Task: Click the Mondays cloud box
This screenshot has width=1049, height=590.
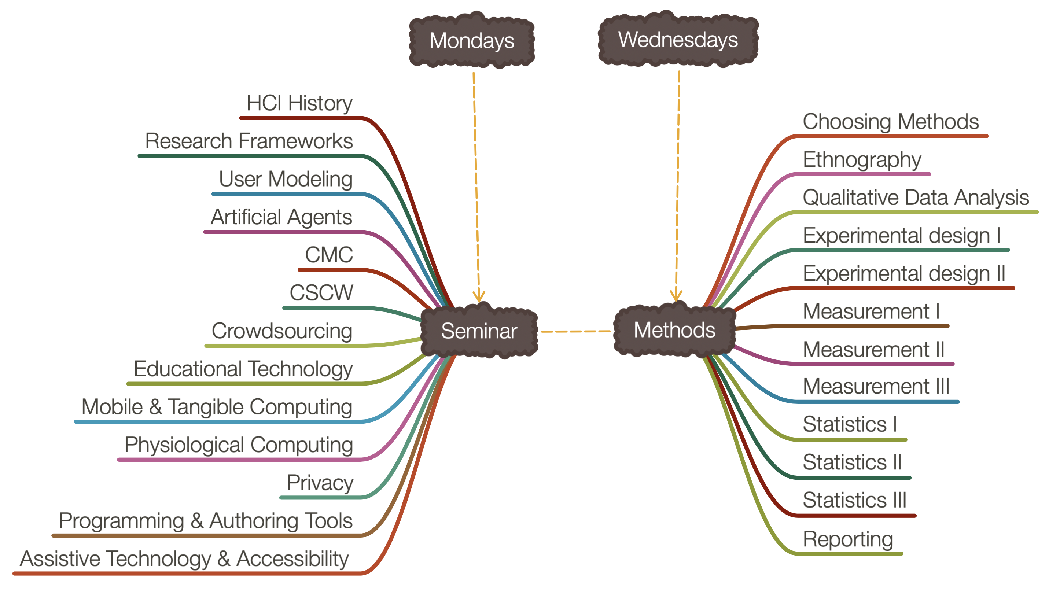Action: tap(472, 41)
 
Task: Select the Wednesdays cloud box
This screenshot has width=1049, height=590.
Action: tap(678, 40)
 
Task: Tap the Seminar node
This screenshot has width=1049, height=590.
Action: tap(479, 331)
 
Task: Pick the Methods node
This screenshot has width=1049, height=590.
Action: tap(674, 330)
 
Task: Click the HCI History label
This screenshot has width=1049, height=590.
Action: tap(299, 103)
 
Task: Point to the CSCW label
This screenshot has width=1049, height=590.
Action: tap(321, 293)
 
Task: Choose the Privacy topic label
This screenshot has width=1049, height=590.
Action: tap(320, 483)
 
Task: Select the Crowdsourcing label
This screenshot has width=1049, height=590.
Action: tap(282, 331)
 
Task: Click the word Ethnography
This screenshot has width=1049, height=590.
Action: tap(862, 160)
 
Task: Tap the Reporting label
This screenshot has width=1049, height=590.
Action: tap(848, 539)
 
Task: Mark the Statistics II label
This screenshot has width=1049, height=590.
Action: tap(852, 462)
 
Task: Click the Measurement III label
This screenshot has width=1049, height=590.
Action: tap(876, 386)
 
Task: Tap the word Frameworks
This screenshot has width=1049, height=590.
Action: tap(296, 141)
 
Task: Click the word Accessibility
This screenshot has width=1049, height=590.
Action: tap(292, 558)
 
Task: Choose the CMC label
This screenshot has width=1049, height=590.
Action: tap(329, 255)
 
